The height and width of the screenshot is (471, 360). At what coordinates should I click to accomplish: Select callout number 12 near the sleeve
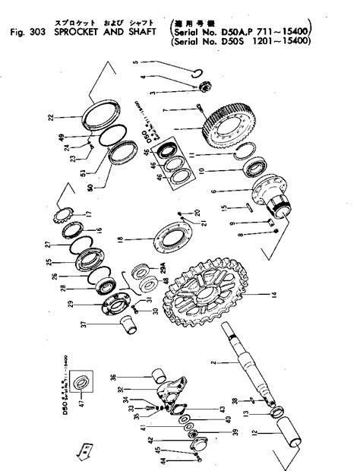tap(298, 435)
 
